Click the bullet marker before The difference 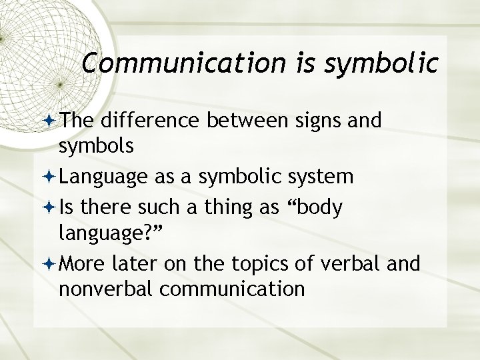click(51, 121)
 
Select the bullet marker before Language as click(51, 177)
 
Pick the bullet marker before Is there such click(51, 208)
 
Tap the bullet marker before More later click(51, 265)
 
